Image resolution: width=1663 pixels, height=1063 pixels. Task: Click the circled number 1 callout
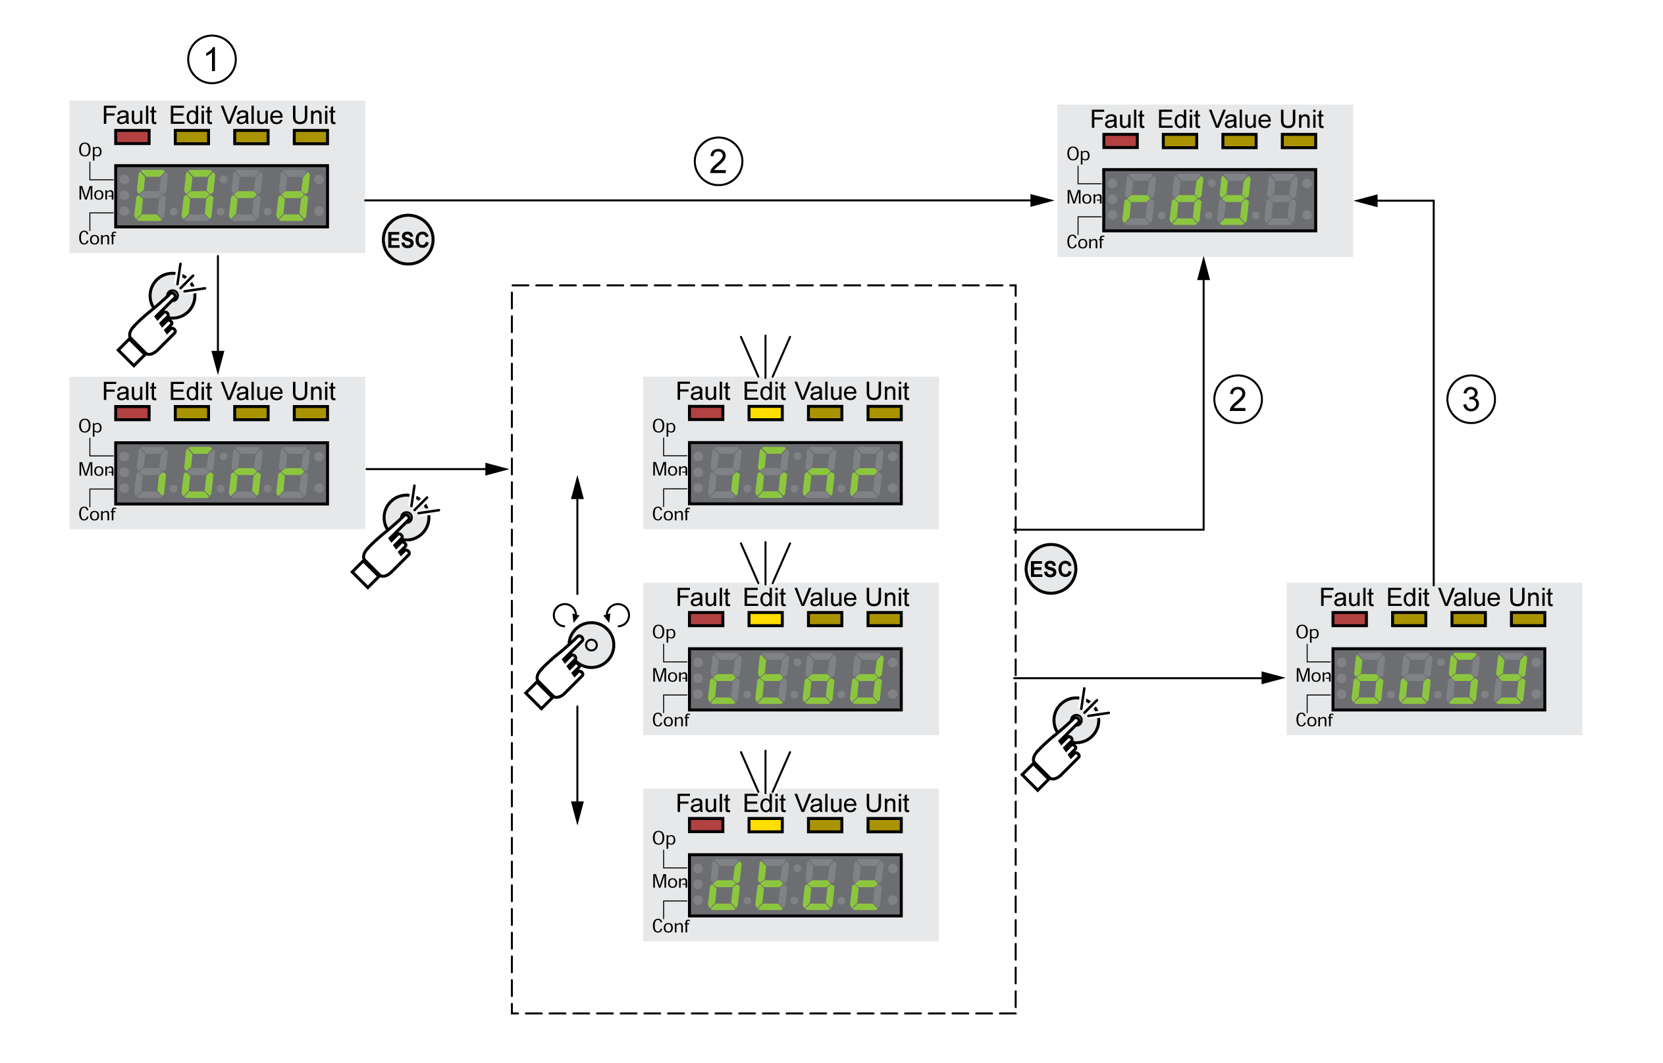click(212, 59)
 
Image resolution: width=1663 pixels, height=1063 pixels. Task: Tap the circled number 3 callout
click(1470, 399)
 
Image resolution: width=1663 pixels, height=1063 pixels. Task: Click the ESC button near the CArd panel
click(408, 240)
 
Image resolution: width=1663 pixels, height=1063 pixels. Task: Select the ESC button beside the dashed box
click(1051, 569)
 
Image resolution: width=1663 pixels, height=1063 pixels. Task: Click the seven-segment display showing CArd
click(222, 196)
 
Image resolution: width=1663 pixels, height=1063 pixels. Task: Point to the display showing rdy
click(1209, 200)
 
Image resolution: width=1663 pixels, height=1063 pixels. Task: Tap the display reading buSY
click(1439, 679)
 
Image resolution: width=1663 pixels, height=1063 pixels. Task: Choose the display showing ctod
click(795, 679)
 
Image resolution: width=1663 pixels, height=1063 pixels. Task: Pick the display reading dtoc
click(795, 885)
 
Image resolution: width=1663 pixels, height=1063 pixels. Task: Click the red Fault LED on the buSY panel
click(1350, 619)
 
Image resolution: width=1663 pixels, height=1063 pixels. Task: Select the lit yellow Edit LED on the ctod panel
click(765, 619)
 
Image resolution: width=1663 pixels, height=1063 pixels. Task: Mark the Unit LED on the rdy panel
click(1298, 142)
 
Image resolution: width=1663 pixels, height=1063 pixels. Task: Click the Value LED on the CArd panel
click(251, 137)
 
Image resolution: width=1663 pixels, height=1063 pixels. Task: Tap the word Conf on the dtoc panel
click(670, 926)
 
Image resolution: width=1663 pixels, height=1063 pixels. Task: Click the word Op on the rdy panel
click(1077, 154)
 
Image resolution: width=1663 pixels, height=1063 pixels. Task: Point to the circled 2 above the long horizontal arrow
click(718, 161)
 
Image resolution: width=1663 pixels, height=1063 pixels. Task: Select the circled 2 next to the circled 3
click(1238, 399)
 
